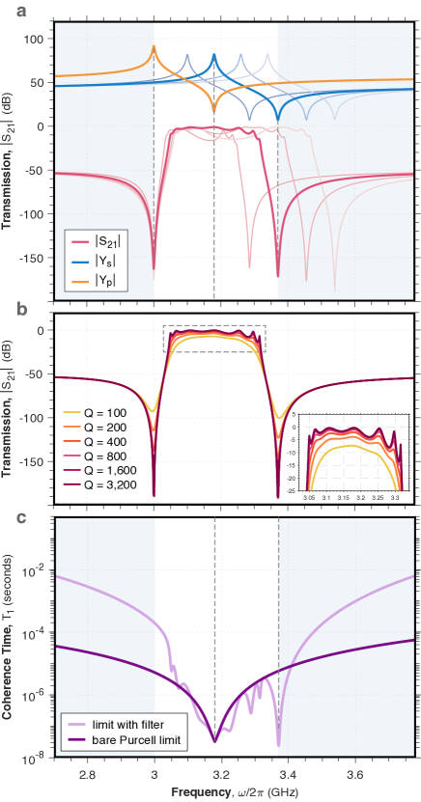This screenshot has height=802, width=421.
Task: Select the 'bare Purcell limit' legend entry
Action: coord(122,741)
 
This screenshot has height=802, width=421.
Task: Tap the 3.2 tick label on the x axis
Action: coord(221,774)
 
